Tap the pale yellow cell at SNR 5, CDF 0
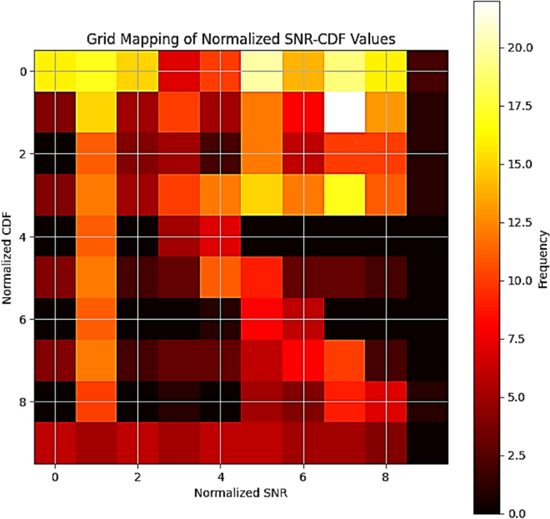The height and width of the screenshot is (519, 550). pos(262,71)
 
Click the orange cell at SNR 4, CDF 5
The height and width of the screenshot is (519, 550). pos(220,278)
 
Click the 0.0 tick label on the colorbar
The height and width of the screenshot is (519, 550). pos(520,513)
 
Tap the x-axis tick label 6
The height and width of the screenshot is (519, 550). pos(304,476)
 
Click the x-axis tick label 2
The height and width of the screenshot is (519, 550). pos(137,476)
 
